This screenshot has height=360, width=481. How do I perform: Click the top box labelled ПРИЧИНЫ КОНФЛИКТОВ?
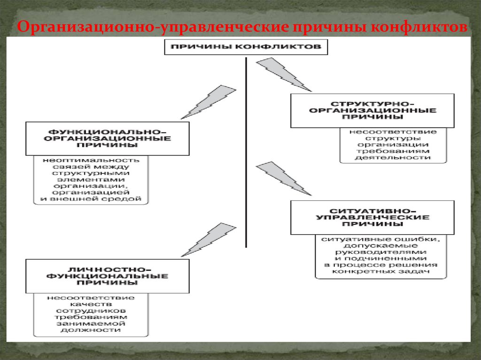[x=246, y=47]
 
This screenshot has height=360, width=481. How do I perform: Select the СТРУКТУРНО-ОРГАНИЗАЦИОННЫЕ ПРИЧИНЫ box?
[x=372, y=110]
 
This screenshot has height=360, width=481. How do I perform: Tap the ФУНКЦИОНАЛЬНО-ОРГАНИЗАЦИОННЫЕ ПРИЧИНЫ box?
[x=108, y=138]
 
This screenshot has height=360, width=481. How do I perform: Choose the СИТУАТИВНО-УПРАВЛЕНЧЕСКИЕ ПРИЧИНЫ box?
[x=372, y=217]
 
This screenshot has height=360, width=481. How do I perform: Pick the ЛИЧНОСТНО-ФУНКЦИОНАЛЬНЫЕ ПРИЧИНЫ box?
[x=108, y=276]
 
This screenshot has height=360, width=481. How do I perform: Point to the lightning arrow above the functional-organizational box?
[x=208, y=101]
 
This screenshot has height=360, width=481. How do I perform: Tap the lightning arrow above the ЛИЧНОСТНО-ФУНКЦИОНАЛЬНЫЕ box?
[x=208, y=239]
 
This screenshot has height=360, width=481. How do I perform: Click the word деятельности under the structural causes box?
[x=393, y=158]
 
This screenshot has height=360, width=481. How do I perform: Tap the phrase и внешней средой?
[x=91, y=199]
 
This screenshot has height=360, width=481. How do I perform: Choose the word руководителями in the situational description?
[x=381, y=252]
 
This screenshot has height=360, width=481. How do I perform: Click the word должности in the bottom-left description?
[x=91, y=330]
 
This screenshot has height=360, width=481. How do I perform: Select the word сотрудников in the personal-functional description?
[x=91, y=311]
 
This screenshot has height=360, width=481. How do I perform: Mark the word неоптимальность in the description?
[x=91, y=160]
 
